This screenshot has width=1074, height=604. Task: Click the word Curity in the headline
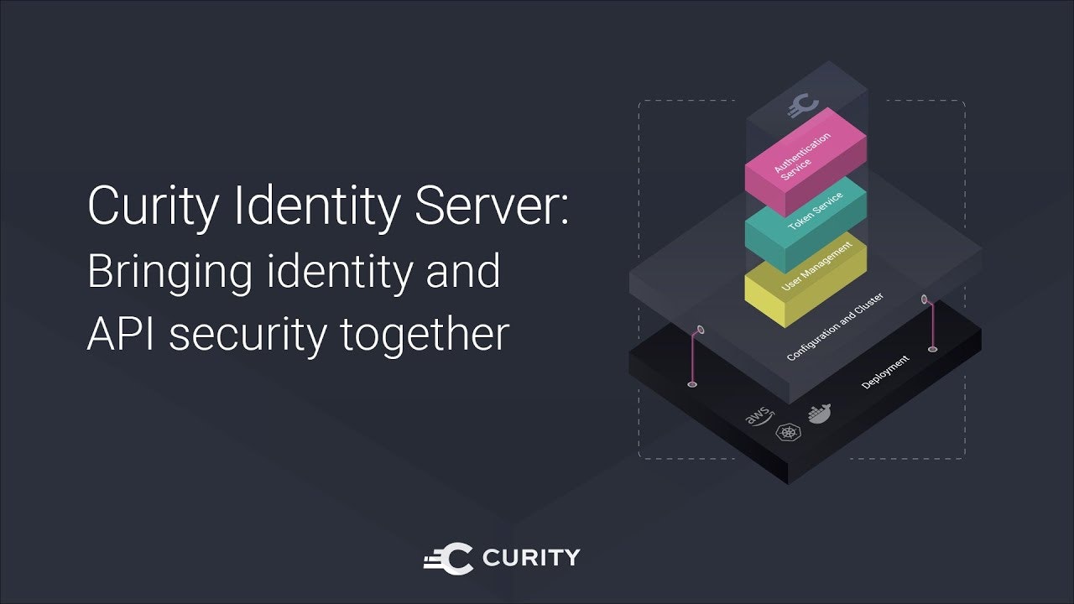click(x=153, y=207)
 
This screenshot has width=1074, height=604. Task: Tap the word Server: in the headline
click(x=492, y=206)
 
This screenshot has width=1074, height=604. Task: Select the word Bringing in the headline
click(x=169, y=273)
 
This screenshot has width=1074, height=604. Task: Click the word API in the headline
click(x=121, y=334)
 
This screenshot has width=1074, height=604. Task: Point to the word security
click(x=248, y=336)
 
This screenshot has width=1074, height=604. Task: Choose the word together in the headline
click(x=425, y=336)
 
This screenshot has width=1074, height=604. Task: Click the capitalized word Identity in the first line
click(x=317, y=207)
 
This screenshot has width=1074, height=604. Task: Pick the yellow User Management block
click(x=805, y=280)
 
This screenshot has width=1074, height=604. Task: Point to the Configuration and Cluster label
click(x=835, y=326)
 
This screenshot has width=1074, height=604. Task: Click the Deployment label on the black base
click(x=885, y=372)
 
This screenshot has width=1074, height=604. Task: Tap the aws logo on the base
click(x=759, y=416)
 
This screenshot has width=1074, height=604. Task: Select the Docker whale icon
click(x=819, y=414)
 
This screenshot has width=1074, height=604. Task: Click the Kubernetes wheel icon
click(x=787, y=432)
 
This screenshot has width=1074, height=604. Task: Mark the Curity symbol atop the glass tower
click(x=803, y=106)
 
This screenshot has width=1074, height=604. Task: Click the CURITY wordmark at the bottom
click(x=531, y=558)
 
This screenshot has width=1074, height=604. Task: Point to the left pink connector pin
click(x=696, y=357)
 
